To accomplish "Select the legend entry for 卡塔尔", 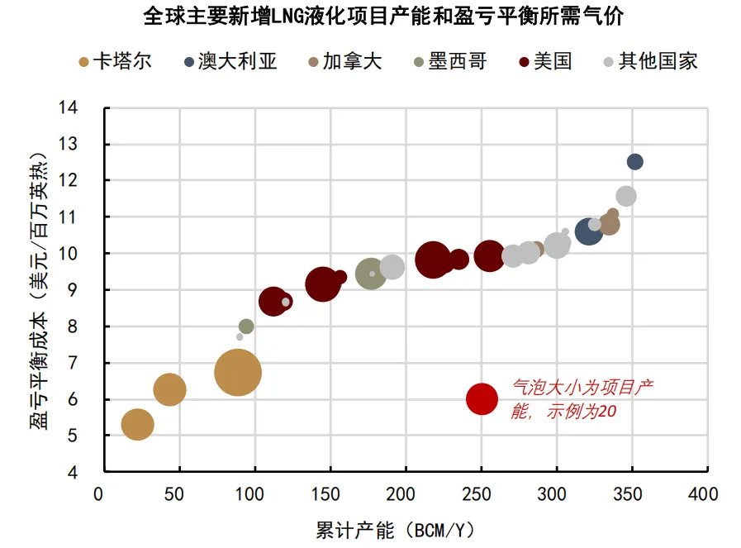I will click(115, 61).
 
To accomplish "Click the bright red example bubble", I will click(482, 399).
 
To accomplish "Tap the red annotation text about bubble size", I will click(583, 399).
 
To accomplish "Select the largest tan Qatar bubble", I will click(238, 373).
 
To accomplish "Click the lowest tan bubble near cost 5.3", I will click(138, 425).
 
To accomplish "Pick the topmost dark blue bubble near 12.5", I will click(634, 162).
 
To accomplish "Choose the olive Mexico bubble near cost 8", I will click(246, 326).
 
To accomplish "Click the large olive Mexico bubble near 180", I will click(371, 274).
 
